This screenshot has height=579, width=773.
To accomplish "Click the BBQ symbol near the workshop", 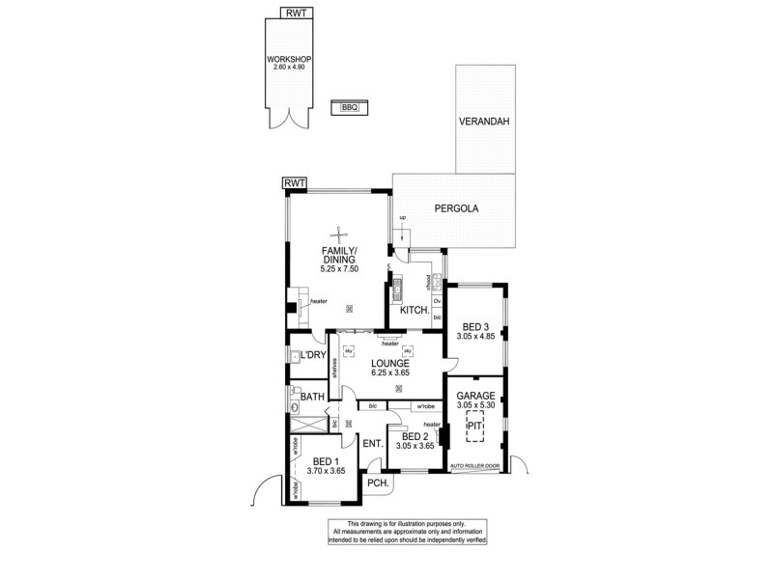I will click(x=349, y=108).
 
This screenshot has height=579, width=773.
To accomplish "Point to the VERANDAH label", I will click(x=484, y=123).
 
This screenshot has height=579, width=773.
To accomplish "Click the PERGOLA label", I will click(x=456, y=207).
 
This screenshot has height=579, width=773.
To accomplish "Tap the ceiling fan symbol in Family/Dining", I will click(x=339, y=232).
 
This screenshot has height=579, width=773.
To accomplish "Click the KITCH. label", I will click(x=415, y=311).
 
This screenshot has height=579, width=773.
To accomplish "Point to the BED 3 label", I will click(x=475, y=326).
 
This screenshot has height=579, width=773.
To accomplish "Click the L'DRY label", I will click(x=312, y=356).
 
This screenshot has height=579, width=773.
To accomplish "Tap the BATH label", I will click(x=311, y=397).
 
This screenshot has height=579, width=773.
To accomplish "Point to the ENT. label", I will click(x=372, y=443).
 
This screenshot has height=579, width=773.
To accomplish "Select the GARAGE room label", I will click(x=475, y=396).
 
